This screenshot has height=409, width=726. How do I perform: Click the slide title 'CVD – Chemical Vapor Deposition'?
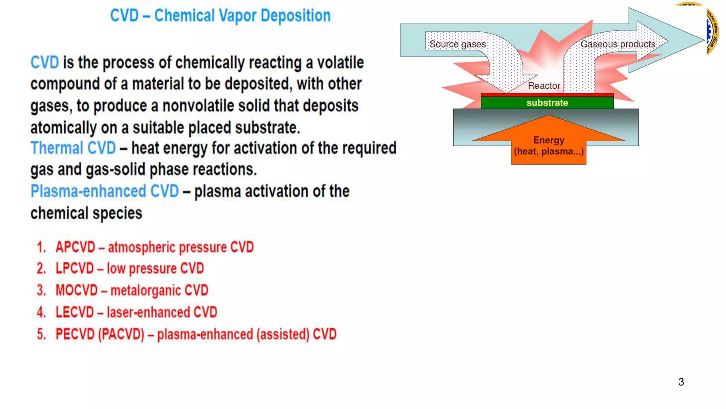[220, 16]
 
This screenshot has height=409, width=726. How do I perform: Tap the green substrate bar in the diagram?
[547, 103]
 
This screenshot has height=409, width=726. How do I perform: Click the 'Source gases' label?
[457, 44]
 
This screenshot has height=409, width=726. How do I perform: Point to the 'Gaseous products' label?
[618, 44]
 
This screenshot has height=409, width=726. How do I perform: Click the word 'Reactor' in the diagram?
[544, 86]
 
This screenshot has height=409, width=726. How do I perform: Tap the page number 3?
[681, 382]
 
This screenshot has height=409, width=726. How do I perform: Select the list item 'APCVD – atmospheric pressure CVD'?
[155, 247]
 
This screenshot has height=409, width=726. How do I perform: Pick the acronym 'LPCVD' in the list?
[74, 269]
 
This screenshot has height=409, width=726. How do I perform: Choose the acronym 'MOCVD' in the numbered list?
[77, 290]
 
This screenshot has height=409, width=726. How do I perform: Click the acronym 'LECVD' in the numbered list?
[74, 312]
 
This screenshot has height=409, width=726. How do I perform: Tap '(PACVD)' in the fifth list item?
[121, 334]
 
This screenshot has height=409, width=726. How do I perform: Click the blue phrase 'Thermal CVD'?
[73, 148]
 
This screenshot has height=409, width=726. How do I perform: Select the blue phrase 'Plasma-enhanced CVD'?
[105, 191]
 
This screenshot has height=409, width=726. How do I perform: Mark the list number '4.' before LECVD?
[41, 312]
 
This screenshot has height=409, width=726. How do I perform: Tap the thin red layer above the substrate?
[547, 95]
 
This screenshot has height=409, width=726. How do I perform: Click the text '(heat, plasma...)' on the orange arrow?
[549, 152]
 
